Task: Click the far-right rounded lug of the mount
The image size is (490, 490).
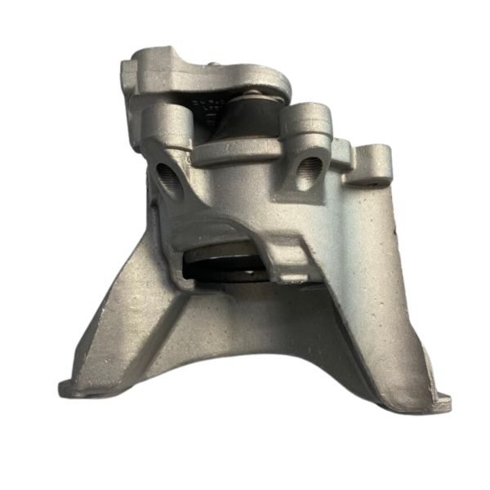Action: pos(376,159)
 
